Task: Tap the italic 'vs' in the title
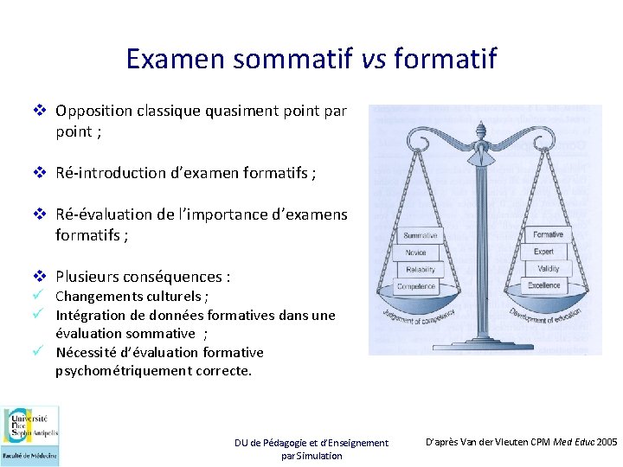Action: (369, 59)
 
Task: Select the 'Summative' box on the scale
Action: (421, 236)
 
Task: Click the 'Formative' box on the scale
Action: (548, 234)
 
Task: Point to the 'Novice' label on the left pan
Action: (416, 253)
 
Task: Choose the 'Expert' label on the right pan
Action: (544, 252)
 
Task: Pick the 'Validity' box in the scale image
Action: (548, 268)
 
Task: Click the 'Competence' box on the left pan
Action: (416, 287)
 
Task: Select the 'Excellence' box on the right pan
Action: (544, 285)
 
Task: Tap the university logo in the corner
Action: (30, 435)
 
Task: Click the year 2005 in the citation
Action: (607, 442)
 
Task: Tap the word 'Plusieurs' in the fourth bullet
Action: (87, 277)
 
